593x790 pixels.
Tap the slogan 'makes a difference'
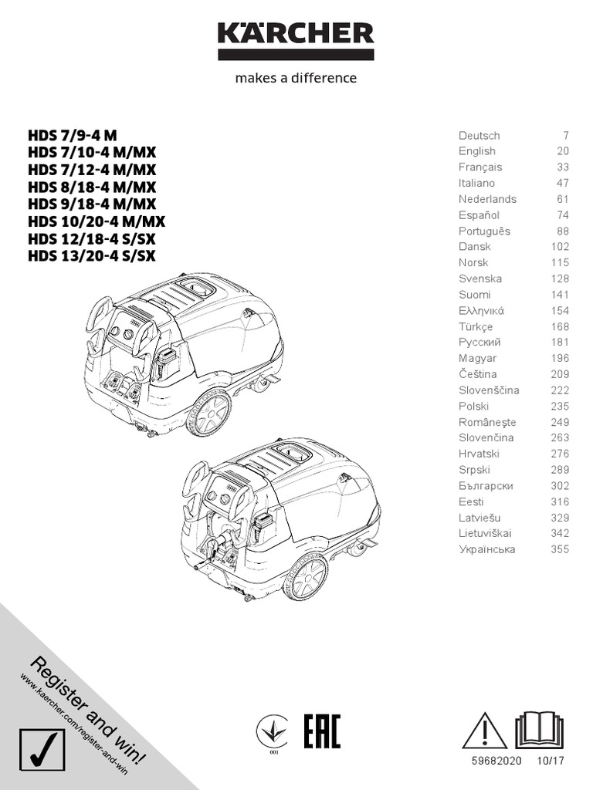coord(296,78)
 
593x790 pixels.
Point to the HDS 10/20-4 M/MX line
coord(97,220)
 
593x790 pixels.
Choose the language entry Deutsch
coord(479,136)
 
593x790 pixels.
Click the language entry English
coord(477,151)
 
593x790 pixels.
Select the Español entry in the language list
coord(479,215)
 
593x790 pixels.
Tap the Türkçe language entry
coord(476,326)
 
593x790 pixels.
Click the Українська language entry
coord(486,550)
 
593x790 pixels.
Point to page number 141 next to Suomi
coord(560,295)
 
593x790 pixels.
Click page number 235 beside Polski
coord(560,407)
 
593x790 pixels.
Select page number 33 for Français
coord(563,167)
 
